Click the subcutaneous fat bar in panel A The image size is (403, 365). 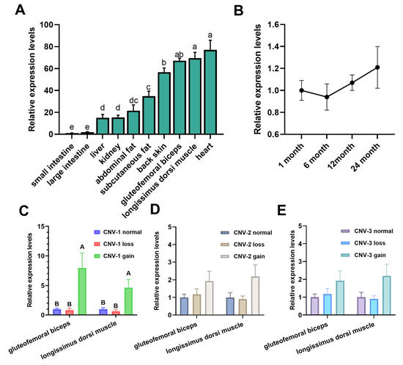pos(149,116)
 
